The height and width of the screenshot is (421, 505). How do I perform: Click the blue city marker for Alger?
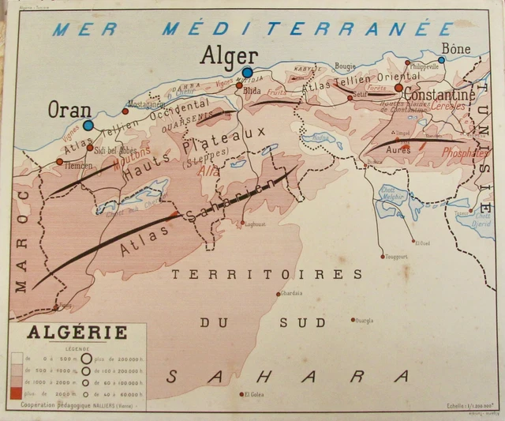point(247,73)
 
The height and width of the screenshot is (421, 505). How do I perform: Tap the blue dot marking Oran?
point(88,125)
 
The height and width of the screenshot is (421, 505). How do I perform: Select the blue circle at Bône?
point(442,59)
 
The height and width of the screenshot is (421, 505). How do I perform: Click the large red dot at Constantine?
point(399,88)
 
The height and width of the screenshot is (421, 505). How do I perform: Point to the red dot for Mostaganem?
point(125,111)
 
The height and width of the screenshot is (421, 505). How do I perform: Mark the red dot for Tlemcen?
point(59,161)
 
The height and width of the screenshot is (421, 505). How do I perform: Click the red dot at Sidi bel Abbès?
point(90,148)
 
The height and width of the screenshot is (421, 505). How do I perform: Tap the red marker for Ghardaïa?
point(278,294)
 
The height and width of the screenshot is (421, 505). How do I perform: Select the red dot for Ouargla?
point(353,320)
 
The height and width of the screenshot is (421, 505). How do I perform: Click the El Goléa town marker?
point(241,394)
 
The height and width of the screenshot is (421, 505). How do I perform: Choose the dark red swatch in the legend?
point(16,393)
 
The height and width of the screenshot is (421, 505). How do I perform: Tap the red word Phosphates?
point(465,154)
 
